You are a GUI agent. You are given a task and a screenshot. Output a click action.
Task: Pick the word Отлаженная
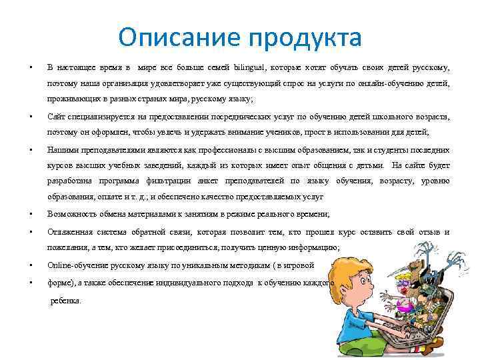pos(71,231)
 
